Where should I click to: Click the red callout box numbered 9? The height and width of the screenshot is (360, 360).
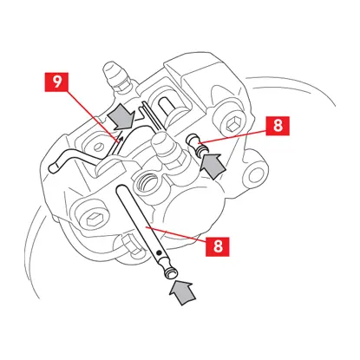pyautogui.click(x=56, y=82)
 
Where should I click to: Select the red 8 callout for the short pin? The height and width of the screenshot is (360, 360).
pyautogui.click(x=278, y=126)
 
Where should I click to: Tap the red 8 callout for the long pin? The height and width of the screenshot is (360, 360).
pyautogui.click(x=218, y=246)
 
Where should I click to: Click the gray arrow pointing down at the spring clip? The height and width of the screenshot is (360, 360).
pyautogui.click(x=121, y=118)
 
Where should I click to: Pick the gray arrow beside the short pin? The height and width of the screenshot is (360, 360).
pyautogui.click(x=213, y=166)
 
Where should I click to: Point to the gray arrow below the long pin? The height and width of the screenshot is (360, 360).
pyautogui.click(x=181, y=292)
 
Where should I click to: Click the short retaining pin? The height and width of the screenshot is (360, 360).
pyautogui.click(x=198, y=145)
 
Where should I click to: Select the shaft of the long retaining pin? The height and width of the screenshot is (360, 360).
pyautogui.click(x=141, y=219)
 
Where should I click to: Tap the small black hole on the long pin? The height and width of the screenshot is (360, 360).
pyautogui.click(x=158, y=253)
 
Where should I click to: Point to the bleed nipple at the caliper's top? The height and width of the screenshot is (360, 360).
pyautogui.click(x=118, y=75)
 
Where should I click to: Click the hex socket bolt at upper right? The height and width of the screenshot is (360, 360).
pyautogui.click(x=232, y=125)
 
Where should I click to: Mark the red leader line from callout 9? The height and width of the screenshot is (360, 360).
pyautogui.click(x=93, y=115)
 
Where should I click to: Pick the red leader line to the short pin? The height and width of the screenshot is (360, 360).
pyautogui.click(x=232, y=137)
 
